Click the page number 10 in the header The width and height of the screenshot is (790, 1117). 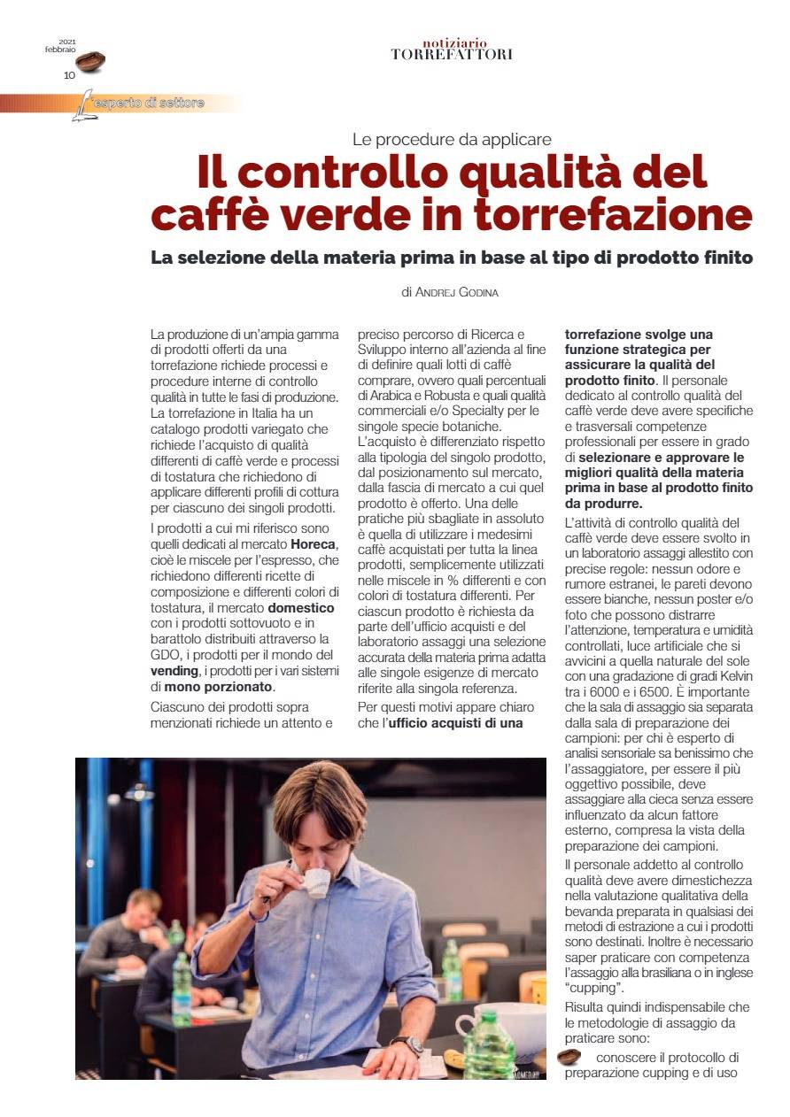[69, 75]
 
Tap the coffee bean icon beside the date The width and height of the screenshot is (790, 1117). [90, 61]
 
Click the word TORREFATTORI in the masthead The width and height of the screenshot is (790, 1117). [452, 55]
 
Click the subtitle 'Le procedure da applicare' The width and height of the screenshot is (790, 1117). [452, 139]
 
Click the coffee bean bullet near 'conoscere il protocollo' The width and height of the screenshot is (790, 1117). [569, 1057]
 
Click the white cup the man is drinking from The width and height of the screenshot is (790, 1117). [316, 882]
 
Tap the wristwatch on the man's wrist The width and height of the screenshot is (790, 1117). [413, 1044]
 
